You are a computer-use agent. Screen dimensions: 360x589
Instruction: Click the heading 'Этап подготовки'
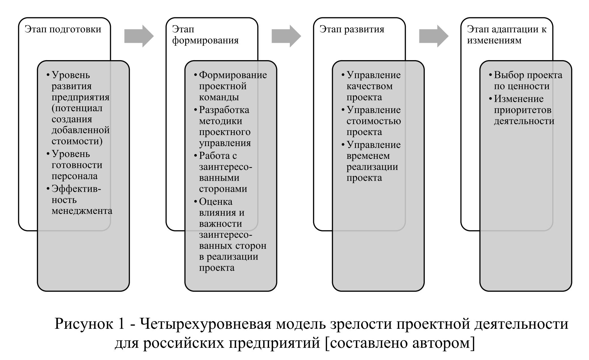pyautogui.click(x=63, y=29)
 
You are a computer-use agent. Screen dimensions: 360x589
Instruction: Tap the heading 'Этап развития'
pyautogui.click(x=352, y=29)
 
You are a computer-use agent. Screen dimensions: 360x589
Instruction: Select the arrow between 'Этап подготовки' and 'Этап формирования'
pyautogui.click(x=139, y=36)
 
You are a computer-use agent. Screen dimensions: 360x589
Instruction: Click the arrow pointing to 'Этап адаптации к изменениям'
pyautogui.click(x=434, y=36)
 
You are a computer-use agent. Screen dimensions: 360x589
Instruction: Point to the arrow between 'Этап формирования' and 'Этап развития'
pyautogui.click(x=286, y=36)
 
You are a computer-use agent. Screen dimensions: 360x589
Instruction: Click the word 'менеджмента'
pyautogui.click(x=82, y=211)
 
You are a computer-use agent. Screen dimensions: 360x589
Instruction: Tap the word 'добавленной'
pyautogui.click(x=81, y=130)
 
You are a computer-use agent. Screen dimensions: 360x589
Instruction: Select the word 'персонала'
pyautogui.click(x=74, y=176)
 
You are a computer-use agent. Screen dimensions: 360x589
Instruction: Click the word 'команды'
pyautogui.click(x=219, y=97)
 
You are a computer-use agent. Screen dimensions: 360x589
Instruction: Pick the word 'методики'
pyautogui.click(x=220, y=121)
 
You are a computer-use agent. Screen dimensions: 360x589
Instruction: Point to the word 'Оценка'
pyautogui.click(x=216, y=202)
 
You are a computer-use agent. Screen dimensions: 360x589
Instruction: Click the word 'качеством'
pyautogui.click(x=369, y=86)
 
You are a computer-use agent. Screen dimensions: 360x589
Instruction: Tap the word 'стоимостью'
pyautogui.click(x=373, y=121)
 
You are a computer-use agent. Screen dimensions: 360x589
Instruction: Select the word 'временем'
pyautogui.click(x=368, y=156)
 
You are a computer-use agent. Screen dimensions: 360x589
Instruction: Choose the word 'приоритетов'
pyautogui.click(x=522, y=110)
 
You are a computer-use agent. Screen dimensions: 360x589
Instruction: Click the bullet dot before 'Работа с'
pyautogui.click(x=195, y=156)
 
